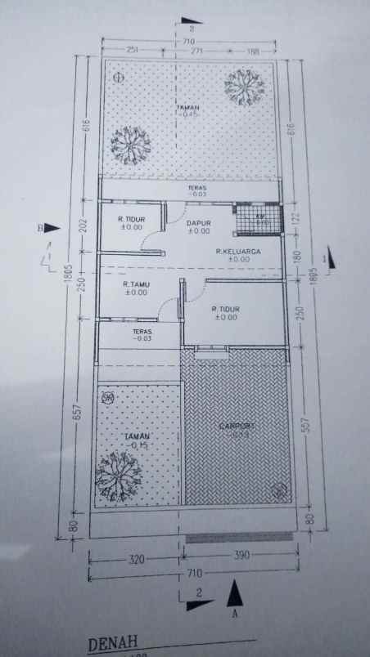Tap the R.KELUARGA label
click(x=238, y=252)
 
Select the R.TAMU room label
click(x=135, y=284)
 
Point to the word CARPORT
click(x=237, y=426)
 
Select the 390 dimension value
click(x=241, y=556)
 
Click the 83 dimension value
click(x=309, y=519)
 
